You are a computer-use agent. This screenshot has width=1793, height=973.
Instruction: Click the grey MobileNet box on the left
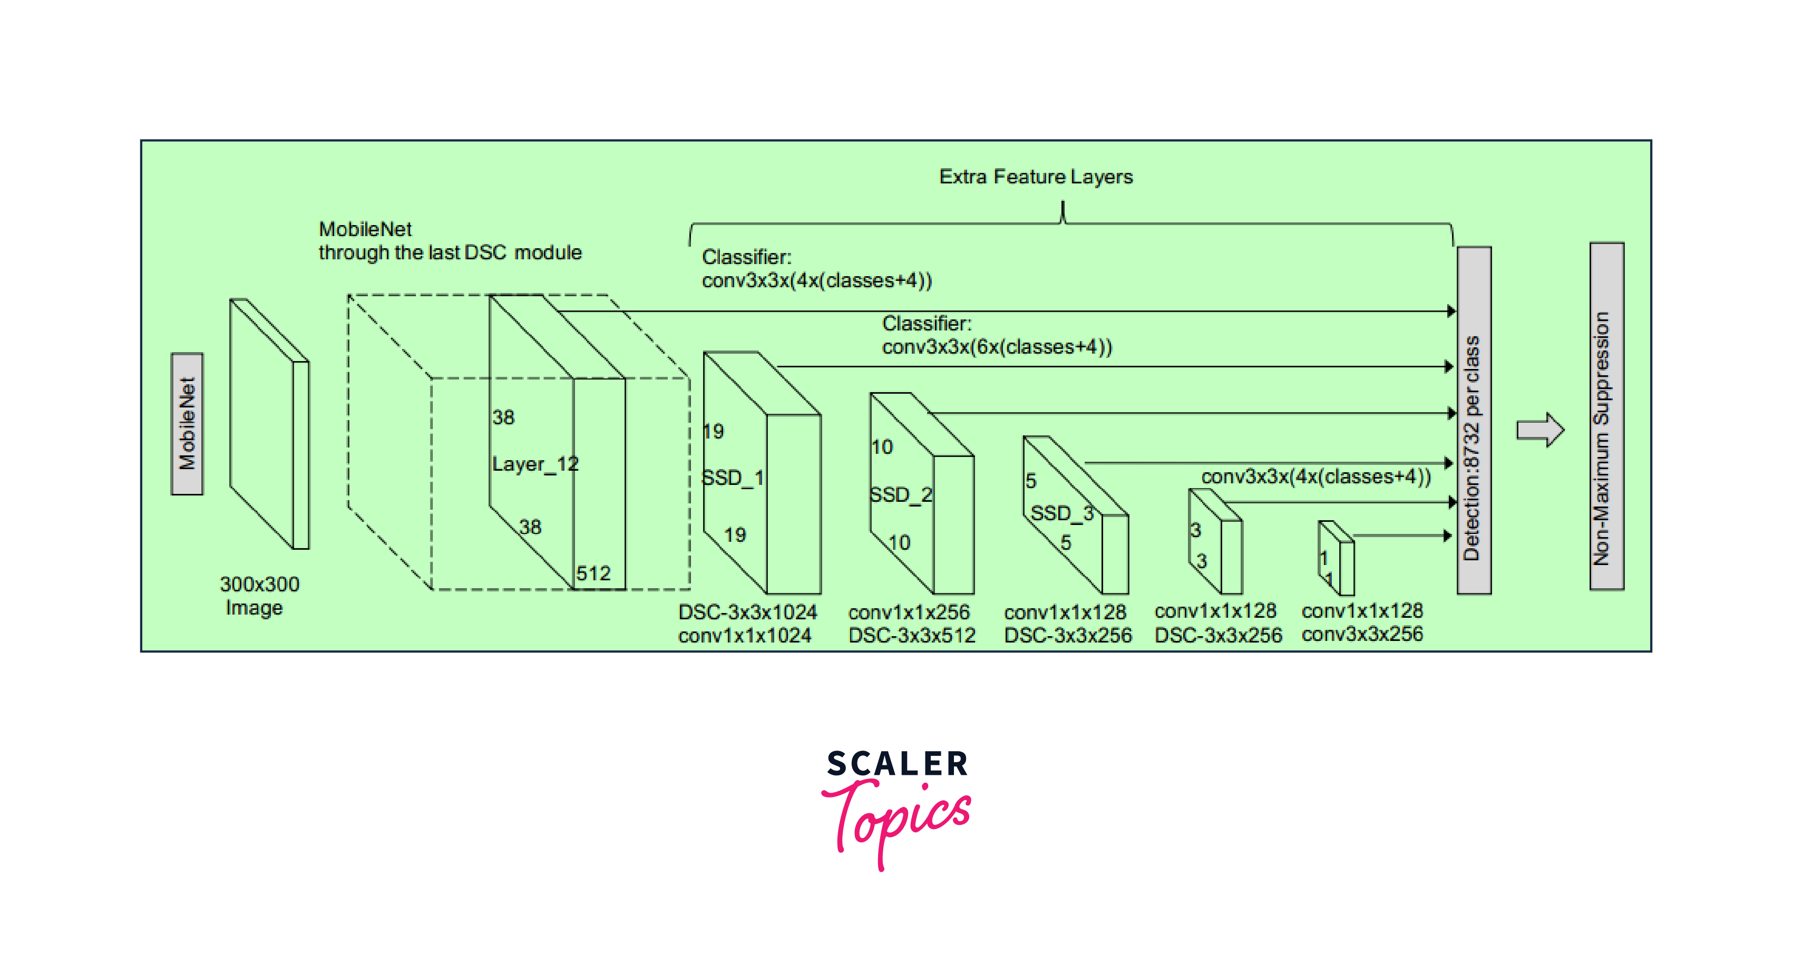pyautogui.click(x=187, y=424)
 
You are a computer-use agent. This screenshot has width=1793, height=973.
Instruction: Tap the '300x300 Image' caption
pyautogui.click(x=258, y=596)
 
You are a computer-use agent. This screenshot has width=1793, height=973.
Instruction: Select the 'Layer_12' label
pyautogui.click(x=534, y=464)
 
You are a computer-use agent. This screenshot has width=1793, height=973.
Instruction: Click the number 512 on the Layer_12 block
pyautogui.click(x=593, y=573)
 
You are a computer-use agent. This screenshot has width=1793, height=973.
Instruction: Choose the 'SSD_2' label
pyautogui.click(x=901, y=495)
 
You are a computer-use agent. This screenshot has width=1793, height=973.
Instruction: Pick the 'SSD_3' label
pyautogui.click(x=1061, y=513)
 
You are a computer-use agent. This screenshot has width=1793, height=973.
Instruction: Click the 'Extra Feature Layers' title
pyautogui.click(x=1036, y=177)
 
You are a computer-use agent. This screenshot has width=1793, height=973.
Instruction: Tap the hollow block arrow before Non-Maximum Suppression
pyautogui.click(x=1539, y=430)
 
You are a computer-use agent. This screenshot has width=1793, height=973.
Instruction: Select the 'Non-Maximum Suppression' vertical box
pyautogui.click(x=1606, y=416)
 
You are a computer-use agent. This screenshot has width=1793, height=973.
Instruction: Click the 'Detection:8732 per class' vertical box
pyautogui.click(x=1474, y=421)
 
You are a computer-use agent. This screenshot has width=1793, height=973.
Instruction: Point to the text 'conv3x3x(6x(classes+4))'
pyautogui.click(x=997, y=347)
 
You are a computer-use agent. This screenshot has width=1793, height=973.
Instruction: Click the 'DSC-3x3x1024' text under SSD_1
pyautogui.click(x=747, y=612)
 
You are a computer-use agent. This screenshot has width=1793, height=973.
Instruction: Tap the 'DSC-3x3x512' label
pyautogui.click(x=912, y=636)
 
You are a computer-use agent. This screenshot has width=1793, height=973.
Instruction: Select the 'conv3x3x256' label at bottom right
pyautogui.click(x=1362, y=634)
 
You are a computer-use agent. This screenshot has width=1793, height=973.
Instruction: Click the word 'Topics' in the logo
pyautogui.click(x=898, y=821)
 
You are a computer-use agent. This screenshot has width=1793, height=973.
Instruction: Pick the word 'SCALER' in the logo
pyautogui.click(x=897, y=764)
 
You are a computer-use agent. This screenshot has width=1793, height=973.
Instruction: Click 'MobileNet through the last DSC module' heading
pyautogui.click(x=450, y=241)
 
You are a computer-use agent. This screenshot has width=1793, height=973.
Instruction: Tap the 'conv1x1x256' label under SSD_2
pyautogui.click(x=908, y=612)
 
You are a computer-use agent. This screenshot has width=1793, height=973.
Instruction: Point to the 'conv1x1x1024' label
pyautogui.click(x=745, y=636)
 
